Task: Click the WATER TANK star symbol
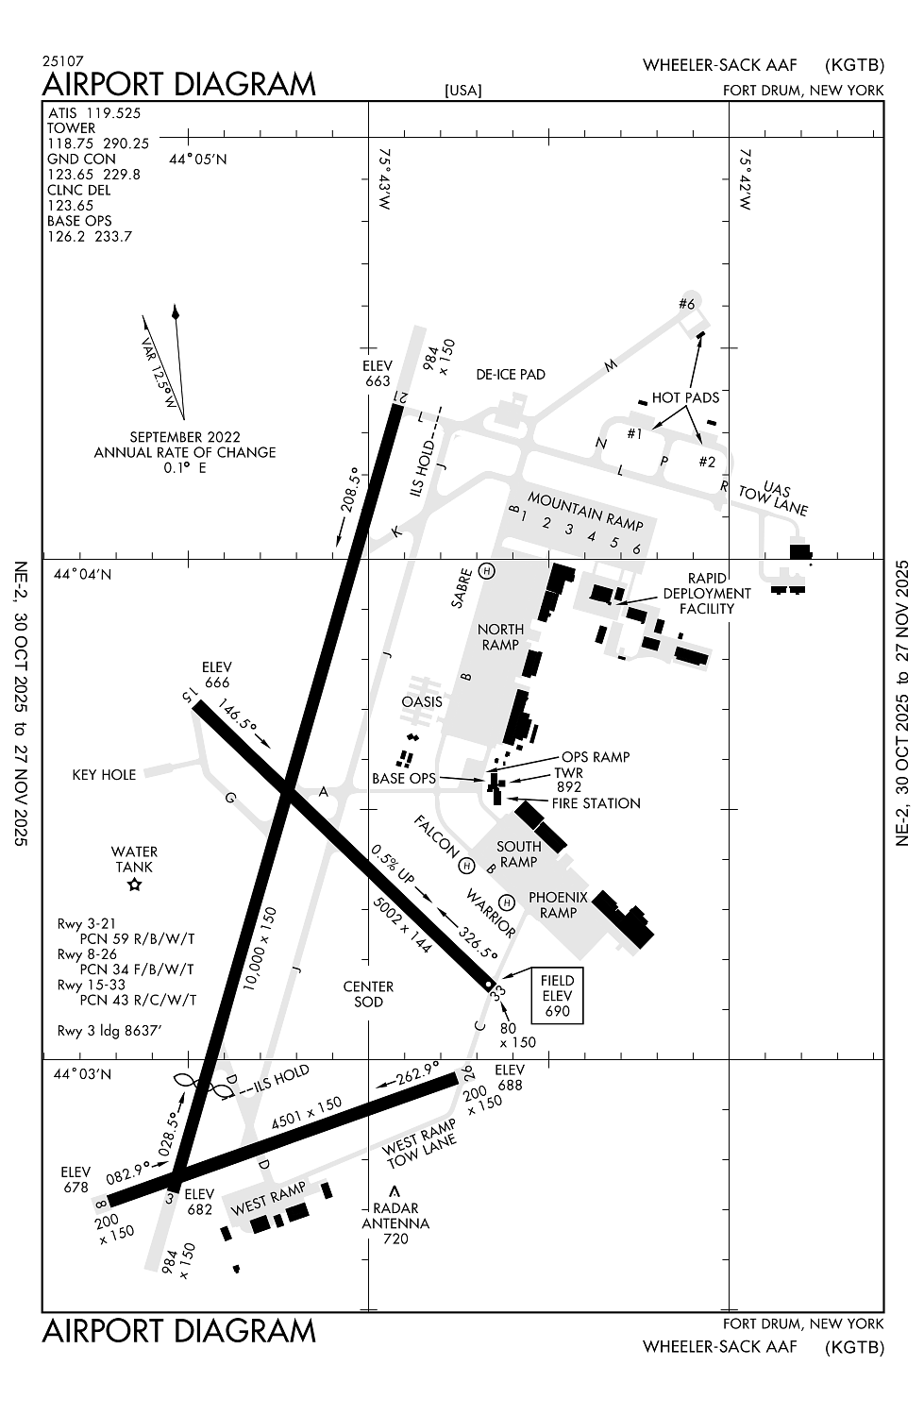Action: (134, 885)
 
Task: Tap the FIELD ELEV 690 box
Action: (557, 996)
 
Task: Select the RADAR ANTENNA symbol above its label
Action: (395, 1191)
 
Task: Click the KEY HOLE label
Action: (104, 775)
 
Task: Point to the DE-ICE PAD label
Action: (510, 375)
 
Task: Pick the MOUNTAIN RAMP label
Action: (585, 511)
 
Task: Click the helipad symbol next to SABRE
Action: (487, 570)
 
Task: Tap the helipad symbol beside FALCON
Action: (465, 865)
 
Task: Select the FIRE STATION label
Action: (596, 803)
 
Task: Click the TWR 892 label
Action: (569, 780)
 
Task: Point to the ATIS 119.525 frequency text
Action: (93, 113)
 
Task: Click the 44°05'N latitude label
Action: (198, 159)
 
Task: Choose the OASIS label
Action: (421, 702)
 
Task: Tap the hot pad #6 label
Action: (686, 304)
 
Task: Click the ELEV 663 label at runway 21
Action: (377, 374)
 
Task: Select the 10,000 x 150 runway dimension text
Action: (260, 948)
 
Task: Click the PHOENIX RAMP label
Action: (558, 904)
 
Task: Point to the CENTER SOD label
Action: (368, 994)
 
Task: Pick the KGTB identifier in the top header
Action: (854, 65)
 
